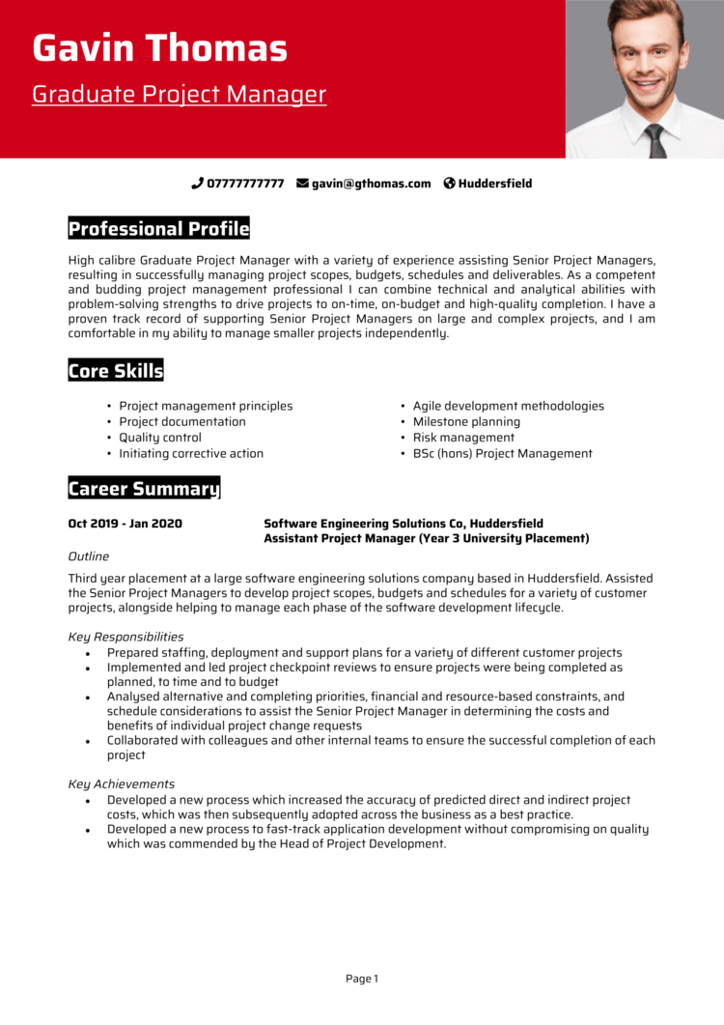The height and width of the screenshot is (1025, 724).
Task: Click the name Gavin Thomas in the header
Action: (159, 48)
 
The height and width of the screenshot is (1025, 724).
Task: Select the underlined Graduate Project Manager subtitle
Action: (179, 95)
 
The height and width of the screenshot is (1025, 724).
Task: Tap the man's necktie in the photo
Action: (656, 141)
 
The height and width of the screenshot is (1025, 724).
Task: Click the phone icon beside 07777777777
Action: (197, 184)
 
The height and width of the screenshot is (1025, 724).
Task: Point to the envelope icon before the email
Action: (302, 184)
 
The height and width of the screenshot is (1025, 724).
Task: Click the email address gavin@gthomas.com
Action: (371, 184)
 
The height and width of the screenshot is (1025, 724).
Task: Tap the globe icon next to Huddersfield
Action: (449, 184)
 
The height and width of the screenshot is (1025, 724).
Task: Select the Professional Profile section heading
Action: (158, 229)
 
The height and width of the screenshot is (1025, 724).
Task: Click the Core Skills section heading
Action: (116, 371)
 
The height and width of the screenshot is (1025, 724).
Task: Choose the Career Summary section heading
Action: (144, 489)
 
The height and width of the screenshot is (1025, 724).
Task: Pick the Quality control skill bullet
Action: (159, 438)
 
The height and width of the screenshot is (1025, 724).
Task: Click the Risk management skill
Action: (463, 438)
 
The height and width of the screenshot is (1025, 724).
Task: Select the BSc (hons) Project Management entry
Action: (502, 453)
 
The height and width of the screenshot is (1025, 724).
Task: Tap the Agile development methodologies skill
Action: (508, 406)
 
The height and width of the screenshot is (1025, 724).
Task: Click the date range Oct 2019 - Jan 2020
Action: (125, 524)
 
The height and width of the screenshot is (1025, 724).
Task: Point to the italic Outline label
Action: (88, 556)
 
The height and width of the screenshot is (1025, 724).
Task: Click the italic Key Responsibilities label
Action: (125, 637)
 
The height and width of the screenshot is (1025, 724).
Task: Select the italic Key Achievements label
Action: (122, 783)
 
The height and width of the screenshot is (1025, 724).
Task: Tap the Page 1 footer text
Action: (362, 979)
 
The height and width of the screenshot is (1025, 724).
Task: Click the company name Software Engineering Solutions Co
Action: (364, 524)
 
